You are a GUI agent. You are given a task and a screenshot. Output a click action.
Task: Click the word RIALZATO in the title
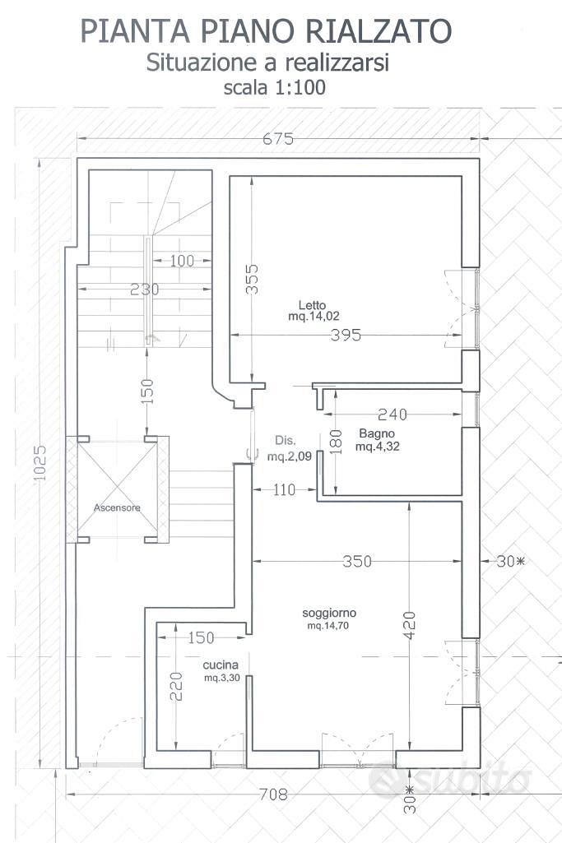(380, 31)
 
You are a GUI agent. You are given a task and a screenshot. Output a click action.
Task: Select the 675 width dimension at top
(278, 139)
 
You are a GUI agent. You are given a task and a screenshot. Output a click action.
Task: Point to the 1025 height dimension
(39, 463)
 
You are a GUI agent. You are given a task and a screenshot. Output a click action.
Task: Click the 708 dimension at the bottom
(273, 794)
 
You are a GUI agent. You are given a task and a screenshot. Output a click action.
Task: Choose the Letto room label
(312, 305)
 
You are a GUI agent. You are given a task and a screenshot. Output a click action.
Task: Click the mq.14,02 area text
(314, 316)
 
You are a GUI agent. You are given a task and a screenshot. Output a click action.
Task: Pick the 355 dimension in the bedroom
(252, 279)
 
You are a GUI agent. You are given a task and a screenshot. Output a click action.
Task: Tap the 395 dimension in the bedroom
(346, 335)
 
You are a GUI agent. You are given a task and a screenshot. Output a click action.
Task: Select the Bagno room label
(377, 433)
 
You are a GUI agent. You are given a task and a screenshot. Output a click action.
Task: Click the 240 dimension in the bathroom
(392, 414)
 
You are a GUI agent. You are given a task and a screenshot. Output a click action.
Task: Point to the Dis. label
(285, 440)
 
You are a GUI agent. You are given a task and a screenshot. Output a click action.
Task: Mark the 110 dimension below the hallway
(284, 489)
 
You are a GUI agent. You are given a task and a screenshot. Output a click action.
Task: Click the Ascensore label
(117, 507)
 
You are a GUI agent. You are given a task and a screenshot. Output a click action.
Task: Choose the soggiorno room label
(329, 613)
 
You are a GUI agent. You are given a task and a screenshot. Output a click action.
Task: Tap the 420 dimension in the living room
(409, 625)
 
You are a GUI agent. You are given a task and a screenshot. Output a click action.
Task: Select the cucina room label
(221, 665)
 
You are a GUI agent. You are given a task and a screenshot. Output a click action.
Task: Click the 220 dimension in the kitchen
(176, 687)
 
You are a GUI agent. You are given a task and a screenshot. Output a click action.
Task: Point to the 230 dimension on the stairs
(145, 289)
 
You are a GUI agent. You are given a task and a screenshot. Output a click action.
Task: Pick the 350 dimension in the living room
(357, 561)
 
